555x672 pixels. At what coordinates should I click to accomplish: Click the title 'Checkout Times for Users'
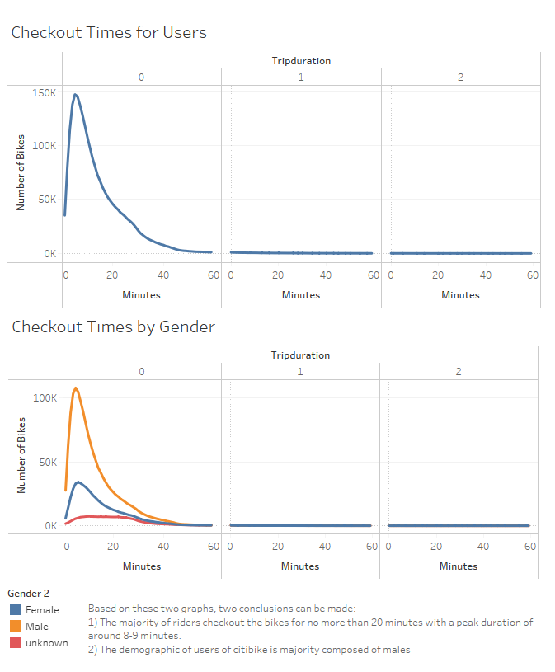(x=108, y=33)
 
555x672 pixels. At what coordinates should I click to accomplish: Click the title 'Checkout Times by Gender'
(x=113, y=327)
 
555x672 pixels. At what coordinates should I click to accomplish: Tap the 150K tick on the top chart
(x=45, y=92)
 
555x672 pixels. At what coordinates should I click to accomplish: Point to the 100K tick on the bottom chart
(x=45, y=397)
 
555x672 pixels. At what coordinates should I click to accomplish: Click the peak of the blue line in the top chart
(x=75, y=94)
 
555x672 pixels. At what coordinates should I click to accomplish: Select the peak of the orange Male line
(x=76, y=388)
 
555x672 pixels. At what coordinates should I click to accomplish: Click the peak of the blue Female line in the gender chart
(x=78, y=482)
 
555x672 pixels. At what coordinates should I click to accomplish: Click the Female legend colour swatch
(x=15, y=610)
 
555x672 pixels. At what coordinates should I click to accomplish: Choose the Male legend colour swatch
(x=15, y=627)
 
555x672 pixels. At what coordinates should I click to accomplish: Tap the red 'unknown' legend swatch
(x=15, y=643)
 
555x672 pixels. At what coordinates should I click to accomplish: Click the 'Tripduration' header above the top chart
(x=300, y=60)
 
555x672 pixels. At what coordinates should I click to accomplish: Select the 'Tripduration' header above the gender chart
(x=300, y=355)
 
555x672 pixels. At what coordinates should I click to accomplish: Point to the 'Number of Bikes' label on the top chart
(x=21, y=172)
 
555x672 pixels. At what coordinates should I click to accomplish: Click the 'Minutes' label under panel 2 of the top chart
(x=460, y=295)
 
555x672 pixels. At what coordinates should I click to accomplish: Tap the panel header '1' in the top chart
(x=300, y=77)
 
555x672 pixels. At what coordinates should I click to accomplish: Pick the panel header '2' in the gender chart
(x=459, y=372)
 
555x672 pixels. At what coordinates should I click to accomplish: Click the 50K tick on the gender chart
(x=47, y=462)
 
